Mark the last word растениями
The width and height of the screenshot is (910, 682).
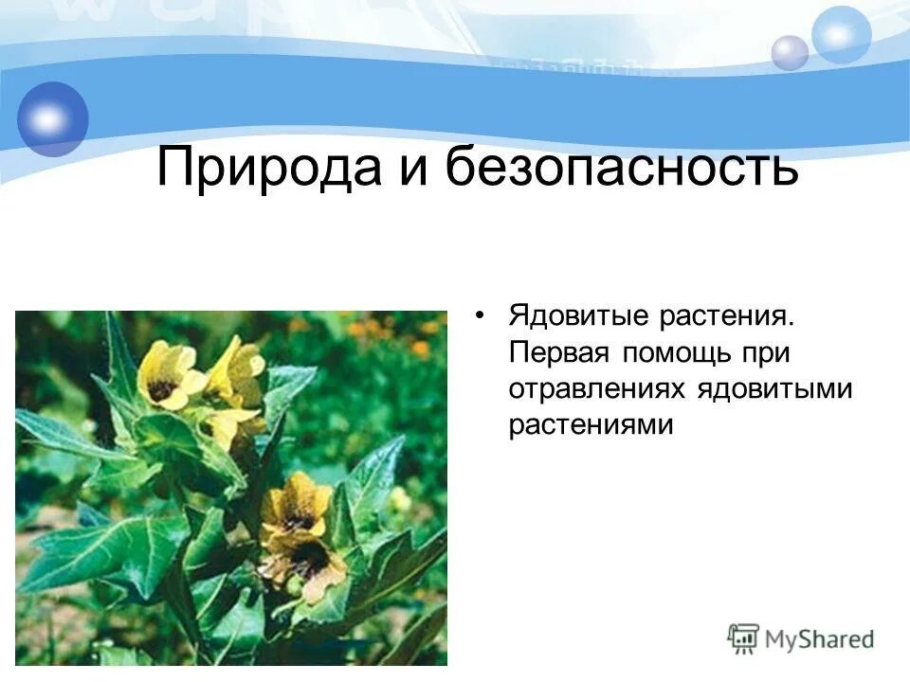click(591, 426)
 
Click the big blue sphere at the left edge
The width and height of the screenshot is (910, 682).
click(52, 118)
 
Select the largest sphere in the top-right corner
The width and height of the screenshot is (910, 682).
click(841, 35)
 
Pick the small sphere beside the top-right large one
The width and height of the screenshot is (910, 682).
click(790, 53)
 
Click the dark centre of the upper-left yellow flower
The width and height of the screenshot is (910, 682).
click(162, 388)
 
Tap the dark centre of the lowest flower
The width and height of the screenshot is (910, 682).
click(307, 558)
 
